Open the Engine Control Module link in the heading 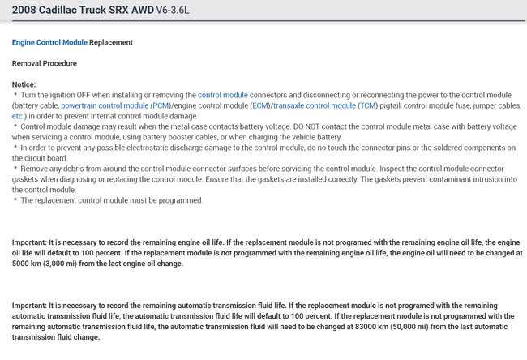coord(49,41)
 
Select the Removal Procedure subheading coord(44,62)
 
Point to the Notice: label coord(24,84)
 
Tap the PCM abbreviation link coord(161,105)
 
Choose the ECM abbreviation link coord(260,105)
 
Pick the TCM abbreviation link coord(370,105)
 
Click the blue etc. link coord(19,116)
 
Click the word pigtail coord(397,105)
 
